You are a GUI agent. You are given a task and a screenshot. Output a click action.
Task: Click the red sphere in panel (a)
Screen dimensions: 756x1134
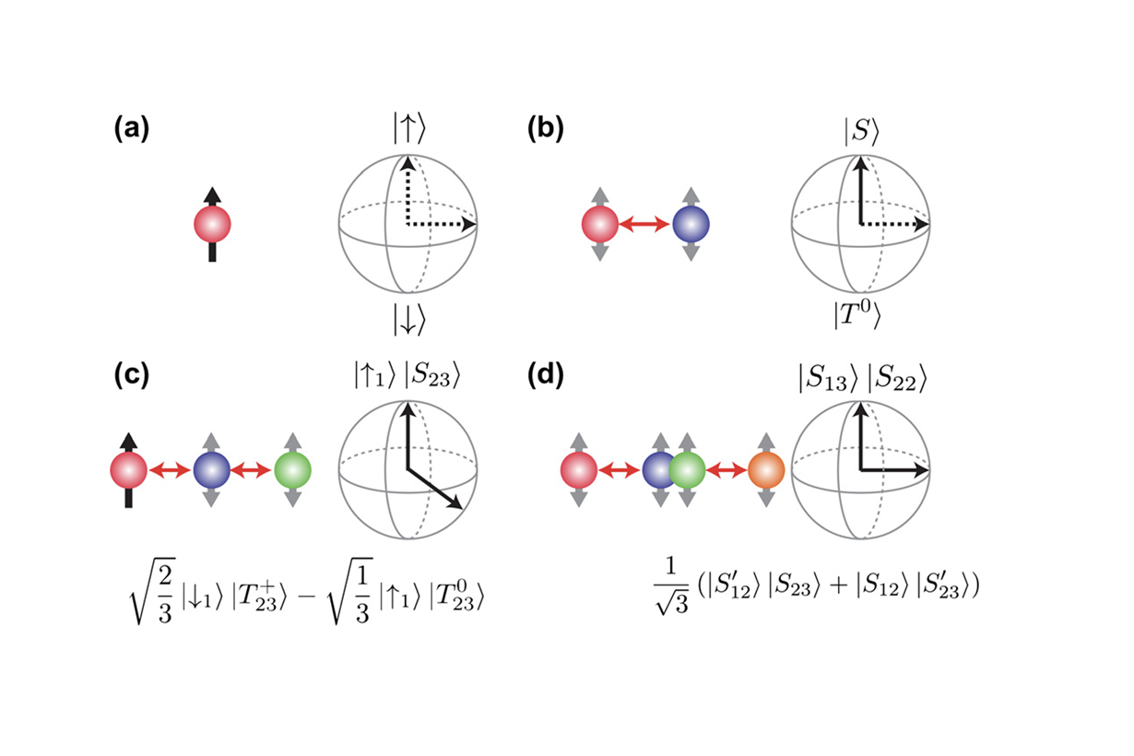[x=212, y=224]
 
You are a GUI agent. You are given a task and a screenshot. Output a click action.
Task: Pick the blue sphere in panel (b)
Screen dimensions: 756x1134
[x=691, y=224]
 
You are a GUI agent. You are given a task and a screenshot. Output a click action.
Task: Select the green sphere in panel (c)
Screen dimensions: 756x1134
[x=293, y=471]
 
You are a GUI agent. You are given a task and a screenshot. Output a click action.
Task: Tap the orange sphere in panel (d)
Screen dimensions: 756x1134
[x=765, y=471]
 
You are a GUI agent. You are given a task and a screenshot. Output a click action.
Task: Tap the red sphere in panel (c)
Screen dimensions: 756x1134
[x=128, y=471]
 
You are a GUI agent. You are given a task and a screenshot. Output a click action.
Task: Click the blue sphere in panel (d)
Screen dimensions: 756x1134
[x=659, y=471]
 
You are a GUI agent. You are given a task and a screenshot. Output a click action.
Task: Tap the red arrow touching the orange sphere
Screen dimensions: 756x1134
[x=727, y=471]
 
